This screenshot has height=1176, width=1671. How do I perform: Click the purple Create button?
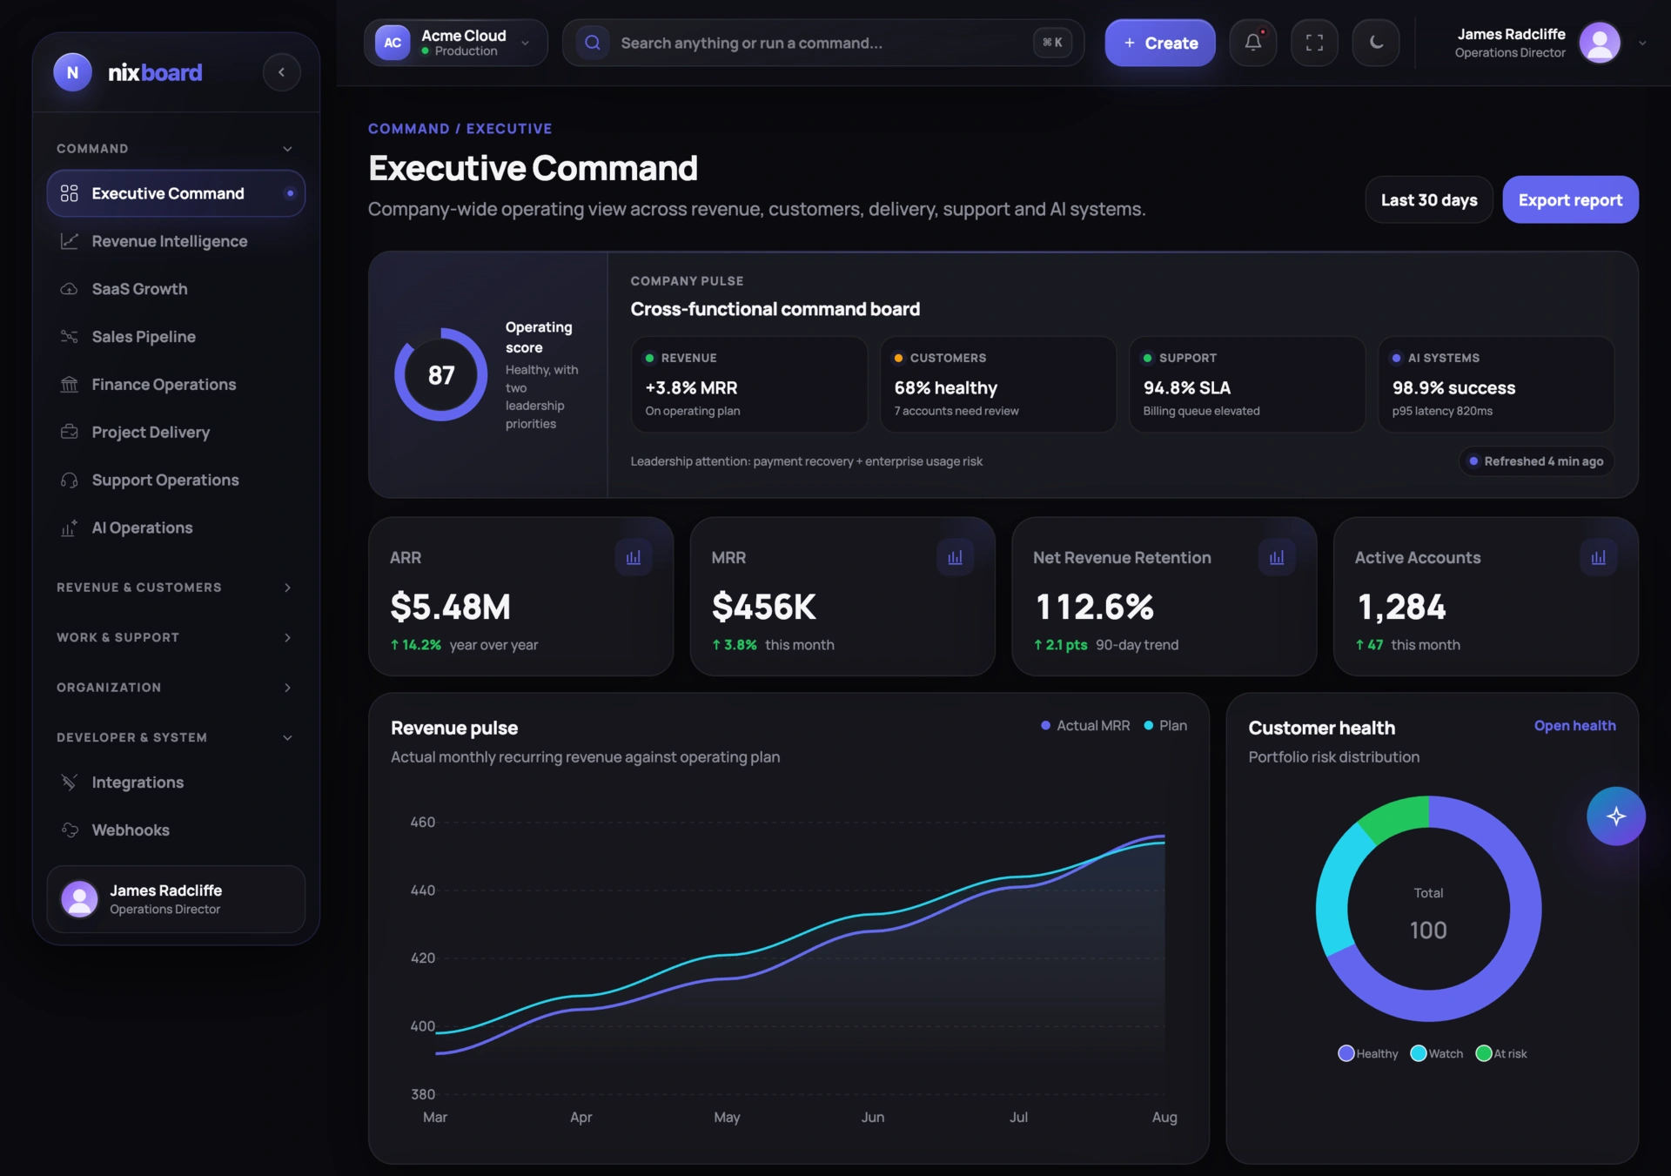point(1159,43)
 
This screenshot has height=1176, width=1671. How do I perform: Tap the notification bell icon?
point(1252,42)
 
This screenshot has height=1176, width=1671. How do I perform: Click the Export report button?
point(1570,200)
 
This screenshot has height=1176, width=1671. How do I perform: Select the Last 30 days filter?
point(1429,200)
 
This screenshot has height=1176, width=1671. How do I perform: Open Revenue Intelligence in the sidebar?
point(170,241)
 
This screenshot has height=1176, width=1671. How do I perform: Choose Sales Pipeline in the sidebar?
point(144,337)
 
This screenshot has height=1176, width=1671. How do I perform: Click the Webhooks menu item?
point(131,830)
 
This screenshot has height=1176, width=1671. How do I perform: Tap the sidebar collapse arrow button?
point(281,72)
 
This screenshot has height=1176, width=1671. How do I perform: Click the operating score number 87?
point(441,375)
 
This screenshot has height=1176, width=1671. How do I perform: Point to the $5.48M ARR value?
point(450,607)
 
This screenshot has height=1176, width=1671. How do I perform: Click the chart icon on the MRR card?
point(955,557)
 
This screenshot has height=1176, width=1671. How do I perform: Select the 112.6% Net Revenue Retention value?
point(1094,607)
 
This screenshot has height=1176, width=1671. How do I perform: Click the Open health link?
point(1574,726)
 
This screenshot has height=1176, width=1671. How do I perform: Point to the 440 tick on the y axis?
point(423,890)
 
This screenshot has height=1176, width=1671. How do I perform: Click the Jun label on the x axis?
point(873,1118)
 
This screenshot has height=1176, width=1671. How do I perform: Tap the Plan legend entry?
point(1165,726)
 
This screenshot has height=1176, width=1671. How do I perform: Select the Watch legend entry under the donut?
point(1437,1053)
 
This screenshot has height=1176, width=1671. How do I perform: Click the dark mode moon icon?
point(1376,42)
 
